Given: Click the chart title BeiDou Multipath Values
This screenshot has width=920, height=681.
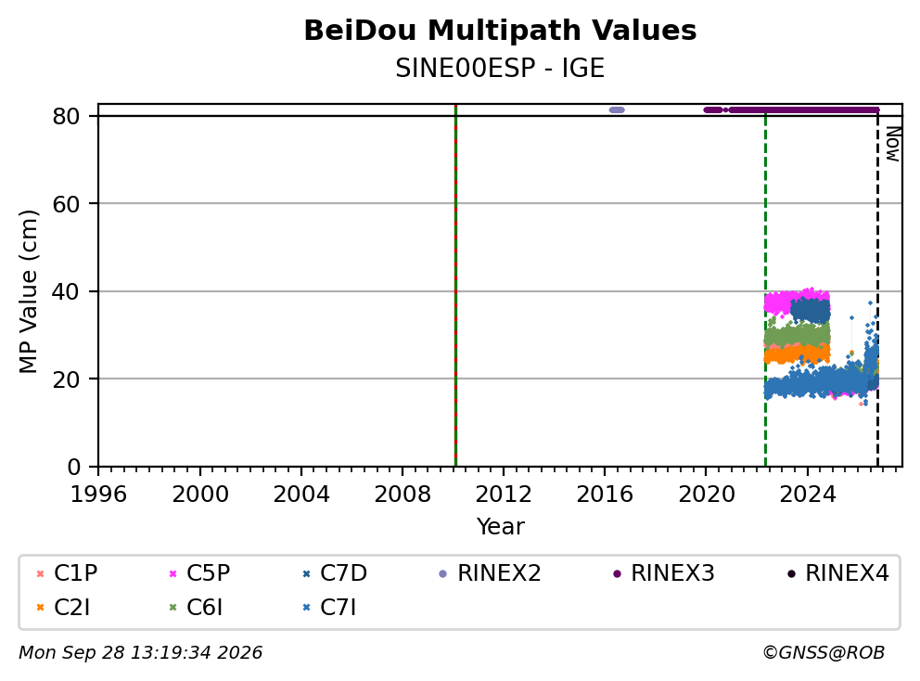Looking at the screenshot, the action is [500, 31].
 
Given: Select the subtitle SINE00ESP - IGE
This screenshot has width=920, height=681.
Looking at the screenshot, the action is [500, 69].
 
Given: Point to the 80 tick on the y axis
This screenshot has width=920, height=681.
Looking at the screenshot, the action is [66, 116].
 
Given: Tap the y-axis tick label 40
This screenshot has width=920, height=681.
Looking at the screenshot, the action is [66, 291].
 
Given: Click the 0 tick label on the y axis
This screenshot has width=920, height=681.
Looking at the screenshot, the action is [73, 467].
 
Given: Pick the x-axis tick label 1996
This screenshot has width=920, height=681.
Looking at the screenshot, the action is [98, 495].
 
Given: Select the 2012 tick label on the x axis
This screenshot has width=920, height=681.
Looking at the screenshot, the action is [503, 495].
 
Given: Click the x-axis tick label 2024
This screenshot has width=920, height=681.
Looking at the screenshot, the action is [807, 495].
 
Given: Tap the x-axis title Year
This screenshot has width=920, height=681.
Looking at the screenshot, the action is [500, 526].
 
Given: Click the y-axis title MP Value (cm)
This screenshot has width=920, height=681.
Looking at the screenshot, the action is [28, 291].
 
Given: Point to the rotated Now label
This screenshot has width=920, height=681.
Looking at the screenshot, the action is [893, 145].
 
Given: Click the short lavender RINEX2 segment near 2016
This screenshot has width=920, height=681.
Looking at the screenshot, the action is [617, 109].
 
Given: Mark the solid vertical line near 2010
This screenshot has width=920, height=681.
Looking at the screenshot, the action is [456, 286].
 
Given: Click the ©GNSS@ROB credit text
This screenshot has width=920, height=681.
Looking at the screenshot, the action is [824, 652].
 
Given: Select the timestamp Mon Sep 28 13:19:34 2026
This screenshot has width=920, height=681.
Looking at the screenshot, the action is [141, 652].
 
